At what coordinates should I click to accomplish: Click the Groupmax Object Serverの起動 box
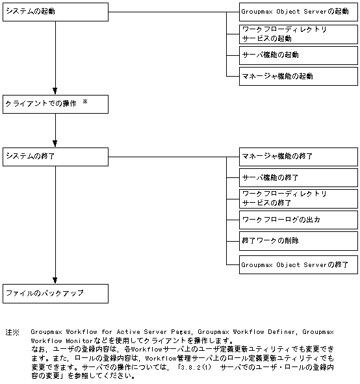(298, 12)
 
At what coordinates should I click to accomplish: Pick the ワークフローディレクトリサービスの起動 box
(298, 34)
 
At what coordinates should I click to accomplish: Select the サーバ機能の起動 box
(298, 55)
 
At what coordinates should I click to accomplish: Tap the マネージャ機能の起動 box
(298, 76)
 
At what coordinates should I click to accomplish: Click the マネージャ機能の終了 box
(298, 157)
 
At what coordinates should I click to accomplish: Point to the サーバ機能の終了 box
(298, 177)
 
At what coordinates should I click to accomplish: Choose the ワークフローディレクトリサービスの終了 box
(298, 198)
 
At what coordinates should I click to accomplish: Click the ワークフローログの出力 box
(298, 220)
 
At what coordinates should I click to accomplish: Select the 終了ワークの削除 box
(298, 241)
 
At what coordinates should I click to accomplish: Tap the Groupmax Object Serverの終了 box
(298, 264)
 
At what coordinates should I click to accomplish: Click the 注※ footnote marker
(12, 332)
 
